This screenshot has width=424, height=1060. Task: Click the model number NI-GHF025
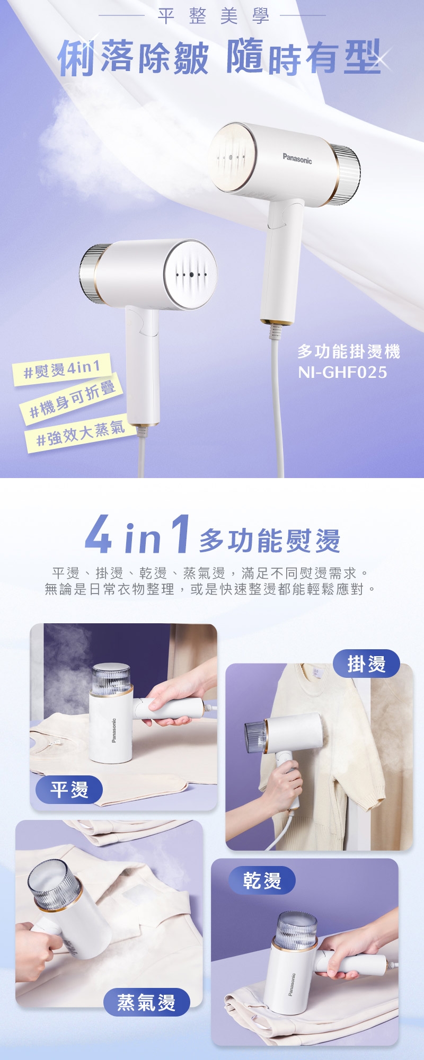tap(342, 372)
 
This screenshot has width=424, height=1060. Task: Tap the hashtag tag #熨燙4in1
tap(63, 369)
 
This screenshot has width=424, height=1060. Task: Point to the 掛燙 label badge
tap(366, 664)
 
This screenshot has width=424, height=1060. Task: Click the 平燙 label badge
tap(69, 789)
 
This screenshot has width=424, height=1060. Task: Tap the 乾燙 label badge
tap(262, 880)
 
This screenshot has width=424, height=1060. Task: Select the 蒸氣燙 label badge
tap(146, 1002)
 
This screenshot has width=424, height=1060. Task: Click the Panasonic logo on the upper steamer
tap(297, 158)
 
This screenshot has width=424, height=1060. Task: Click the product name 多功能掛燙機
tap(348, 351)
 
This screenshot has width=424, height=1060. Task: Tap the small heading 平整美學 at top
tap(213, 16)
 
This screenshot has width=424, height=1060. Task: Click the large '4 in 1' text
tap(137, 535)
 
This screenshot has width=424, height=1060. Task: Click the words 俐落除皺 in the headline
tap(132, 57)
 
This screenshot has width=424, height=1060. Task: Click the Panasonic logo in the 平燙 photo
tap(114, 730)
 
